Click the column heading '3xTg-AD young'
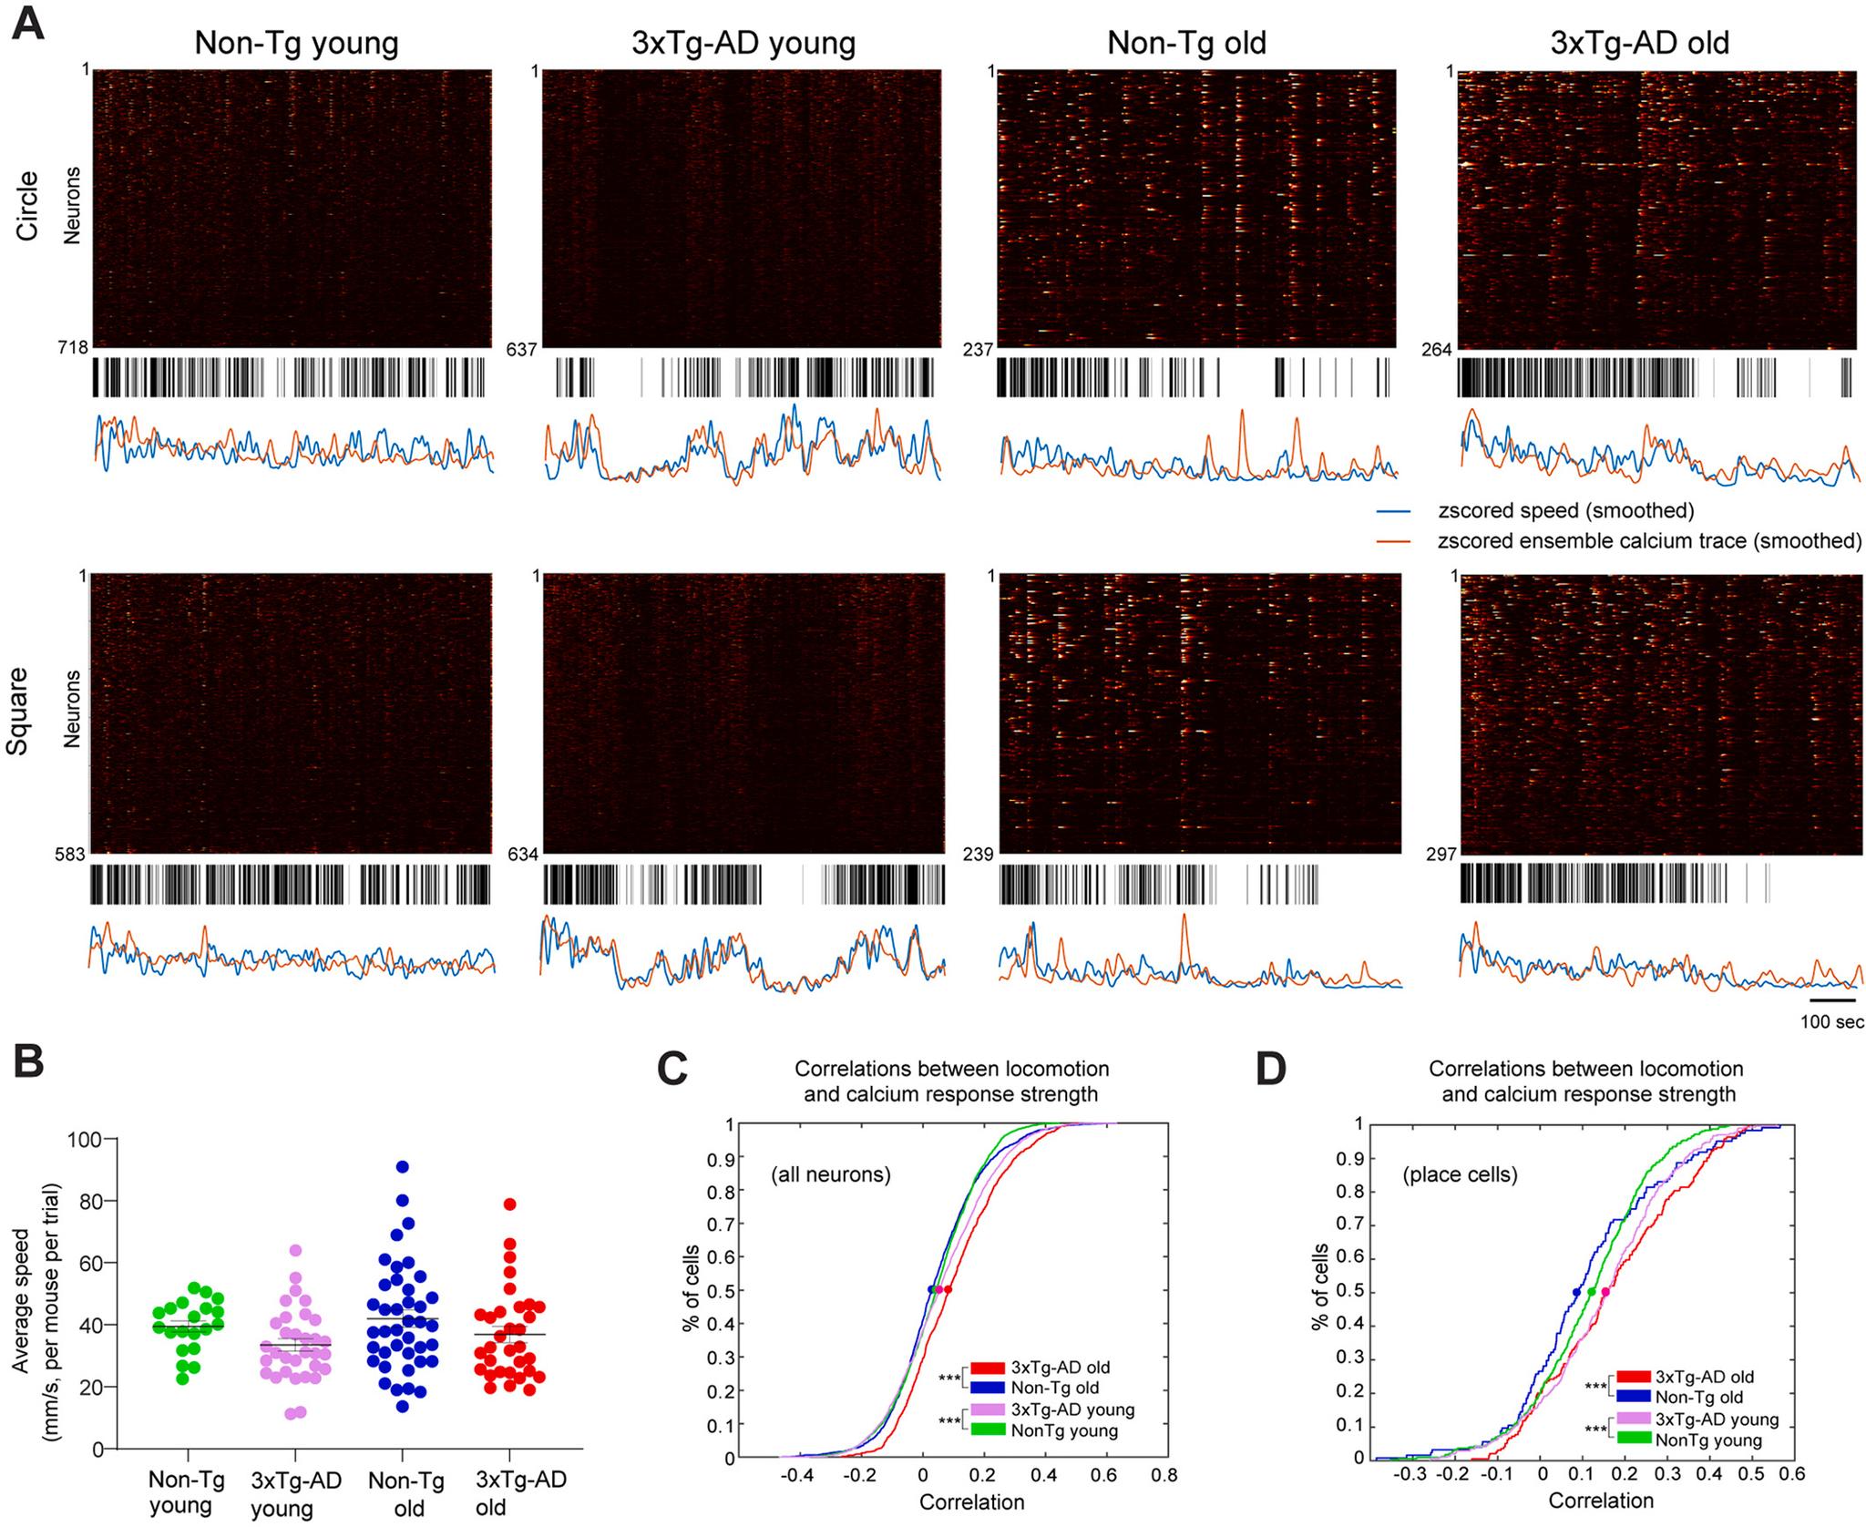coord(743,43)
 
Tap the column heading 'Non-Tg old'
coord(1186,43)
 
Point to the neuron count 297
coord(1441,855)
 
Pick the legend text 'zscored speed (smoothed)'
coord(1564,510)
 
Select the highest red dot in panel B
coord(510,1204)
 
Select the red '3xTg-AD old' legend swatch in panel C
coord(988,1368)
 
